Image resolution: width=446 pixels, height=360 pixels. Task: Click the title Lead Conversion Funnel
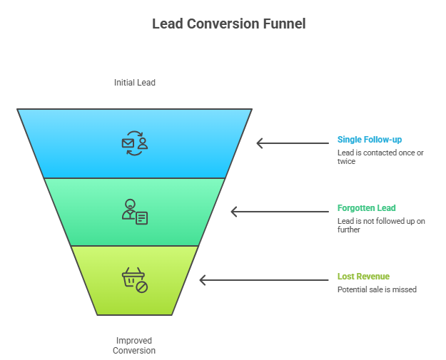pos(228,24)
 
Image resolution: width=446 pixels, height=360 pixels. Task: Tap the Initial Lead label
pos(134,83)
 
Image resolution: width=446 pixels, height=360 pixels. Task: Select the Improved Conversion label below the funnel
pos(133,345)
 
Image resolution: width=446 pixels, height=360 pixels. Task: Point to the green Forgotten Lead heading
pos(366,208)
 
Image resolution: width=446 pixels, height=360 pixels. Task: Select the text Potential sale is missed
pos(377,289)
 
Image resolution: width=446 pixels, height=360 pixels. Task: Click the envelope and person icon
pos(134,143)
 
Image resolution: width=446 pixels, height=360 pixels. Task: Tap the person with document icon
pos(134,212)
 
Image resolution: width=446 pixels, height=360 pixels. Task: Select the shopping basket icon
pos(134,280)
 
